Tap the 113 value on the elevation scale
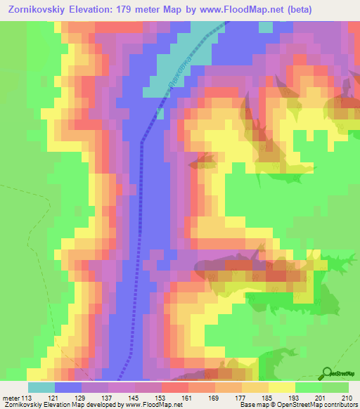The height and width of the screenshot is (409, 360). click(29, 398)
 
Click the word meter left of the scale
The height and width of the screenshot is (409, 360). click(11, 398)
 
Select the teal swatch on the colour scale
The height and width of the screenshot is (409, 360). click(41, 387)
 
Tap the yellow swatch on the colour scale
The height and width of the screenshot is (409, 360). click(281, 387)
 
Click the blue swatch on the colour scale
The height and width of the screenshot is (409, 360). click(68, 387)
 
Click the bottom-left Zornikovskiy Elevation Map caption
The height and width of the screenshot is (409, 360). click(42, 405)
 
